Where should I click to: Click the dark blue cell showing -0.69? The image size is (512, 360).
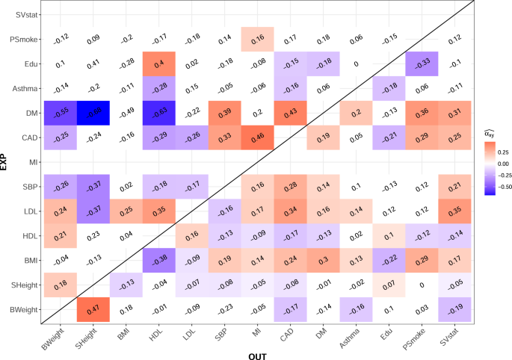point(93,112)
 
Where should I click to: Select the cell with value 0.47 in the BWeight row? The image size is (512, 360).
point(93,309)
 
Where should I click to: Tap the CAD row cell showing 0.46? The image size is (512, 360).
point(259,137)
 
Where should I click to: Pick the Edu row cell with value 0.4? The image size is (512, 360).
point(159,63)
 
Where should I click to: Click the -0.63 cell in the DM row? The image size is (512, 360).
point(159,112)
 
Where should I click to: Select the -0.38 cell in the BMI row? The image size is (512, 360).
point(159,260)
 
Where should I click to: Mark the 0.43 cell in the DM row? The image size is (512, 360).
point(292,112)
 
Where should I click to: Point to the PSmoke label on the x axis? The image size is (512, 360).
point(417,338)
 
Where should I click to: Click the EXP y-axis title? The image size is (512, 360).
point(6,161)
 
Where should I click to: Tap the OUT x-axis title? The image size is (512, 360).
point(259,353)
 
